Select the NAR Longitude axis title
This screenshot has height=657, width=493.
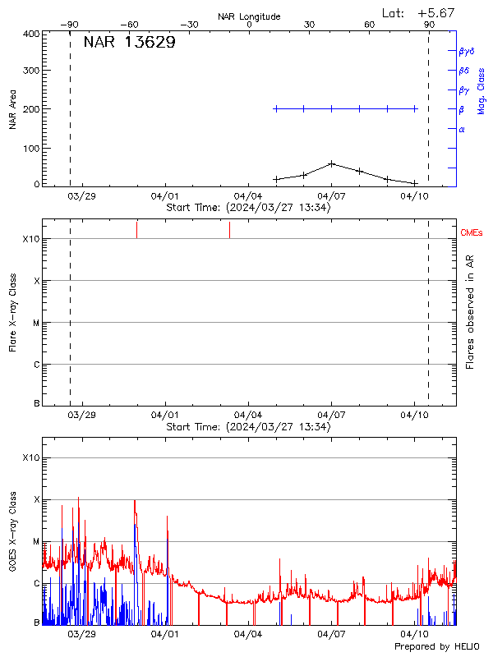249,16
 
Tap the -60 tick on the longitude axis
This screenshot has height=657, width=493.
130,25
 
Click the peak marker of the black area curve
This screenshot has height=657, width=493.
331,163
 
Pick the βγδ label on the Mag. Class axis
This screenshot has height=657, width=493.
467,51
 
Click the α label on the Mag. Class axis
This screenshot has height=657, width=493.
462,129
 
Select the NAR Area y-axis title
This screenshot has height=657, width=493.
13,109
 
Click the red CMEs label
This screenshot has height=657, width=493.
472,233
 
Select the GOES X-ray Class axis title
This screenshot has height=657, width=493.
13,531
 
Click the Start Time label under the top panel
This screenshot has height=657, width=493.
248,208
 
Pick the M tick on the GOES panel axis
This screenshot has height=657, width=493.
35,541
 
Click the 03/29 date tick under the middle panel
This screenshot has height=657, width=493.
81,415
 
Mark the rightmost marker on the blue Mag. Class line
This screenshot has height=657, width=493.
415,108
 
